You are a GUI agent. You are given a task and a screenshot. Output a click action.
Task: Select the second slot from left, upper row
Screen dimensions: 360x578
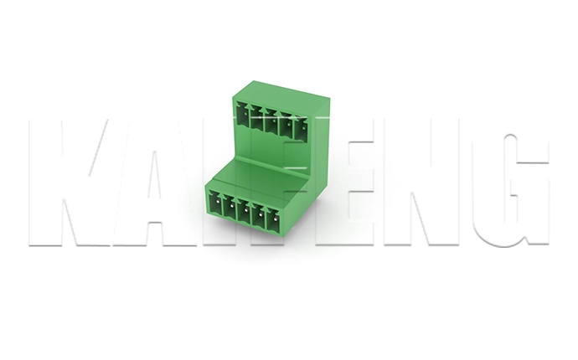[x=257, y=118]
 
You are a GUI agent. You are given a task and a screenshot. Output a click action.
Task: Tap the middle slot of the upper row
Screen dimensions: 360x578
[x=271, y=121]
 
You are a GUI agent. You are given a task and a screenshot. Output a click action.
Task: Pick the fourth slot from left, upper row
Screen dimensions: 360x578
[x=286, y=125]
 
